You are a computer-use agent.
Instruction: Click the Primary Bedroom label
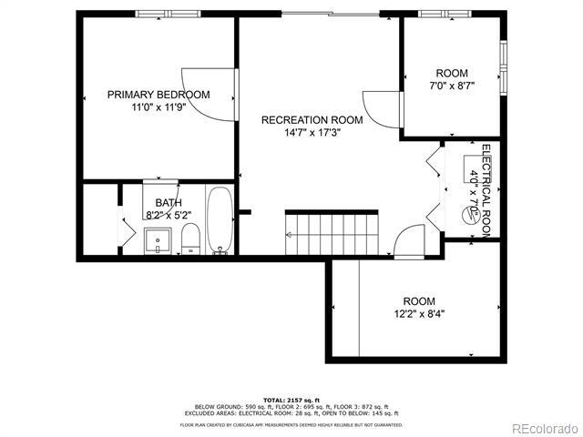pyautogui.click(x=159, y=94)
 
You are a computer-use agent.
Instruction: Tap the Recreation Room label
pyautogui.click(x=312, y=120)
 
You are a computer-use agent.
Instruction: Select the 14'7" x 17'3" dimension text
pyautogui.click(x=312, y=133)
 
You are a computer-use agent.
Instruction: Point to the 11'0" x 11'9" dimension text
pyautogui.click(x=159, y=107)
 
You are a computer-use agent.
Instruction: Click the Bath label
pyautogui.click(x=169, y=203)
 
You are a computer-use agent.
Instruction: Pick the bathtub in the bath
pyautogui.click(x=220, y=220)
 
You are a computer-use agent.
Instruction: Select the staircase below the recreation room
pyautogui.click(x=331, y=233)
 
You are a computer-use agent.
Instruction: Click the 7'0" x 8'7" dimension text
pyautogui.click(x=453, y=86)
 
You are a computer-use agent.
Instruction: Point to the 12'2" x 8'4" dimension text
pyautogui.click(x=420, y=314)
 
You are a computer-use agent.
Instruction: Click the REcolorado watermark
pyautogui.click(x=544, y=428)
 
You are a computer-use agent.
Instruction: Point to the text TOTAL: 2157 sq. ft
pyautogui.click(x=291, y=400)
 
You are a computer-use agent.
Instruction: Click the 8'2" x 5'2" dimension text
pyautogui.click(x=169, y=216)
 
